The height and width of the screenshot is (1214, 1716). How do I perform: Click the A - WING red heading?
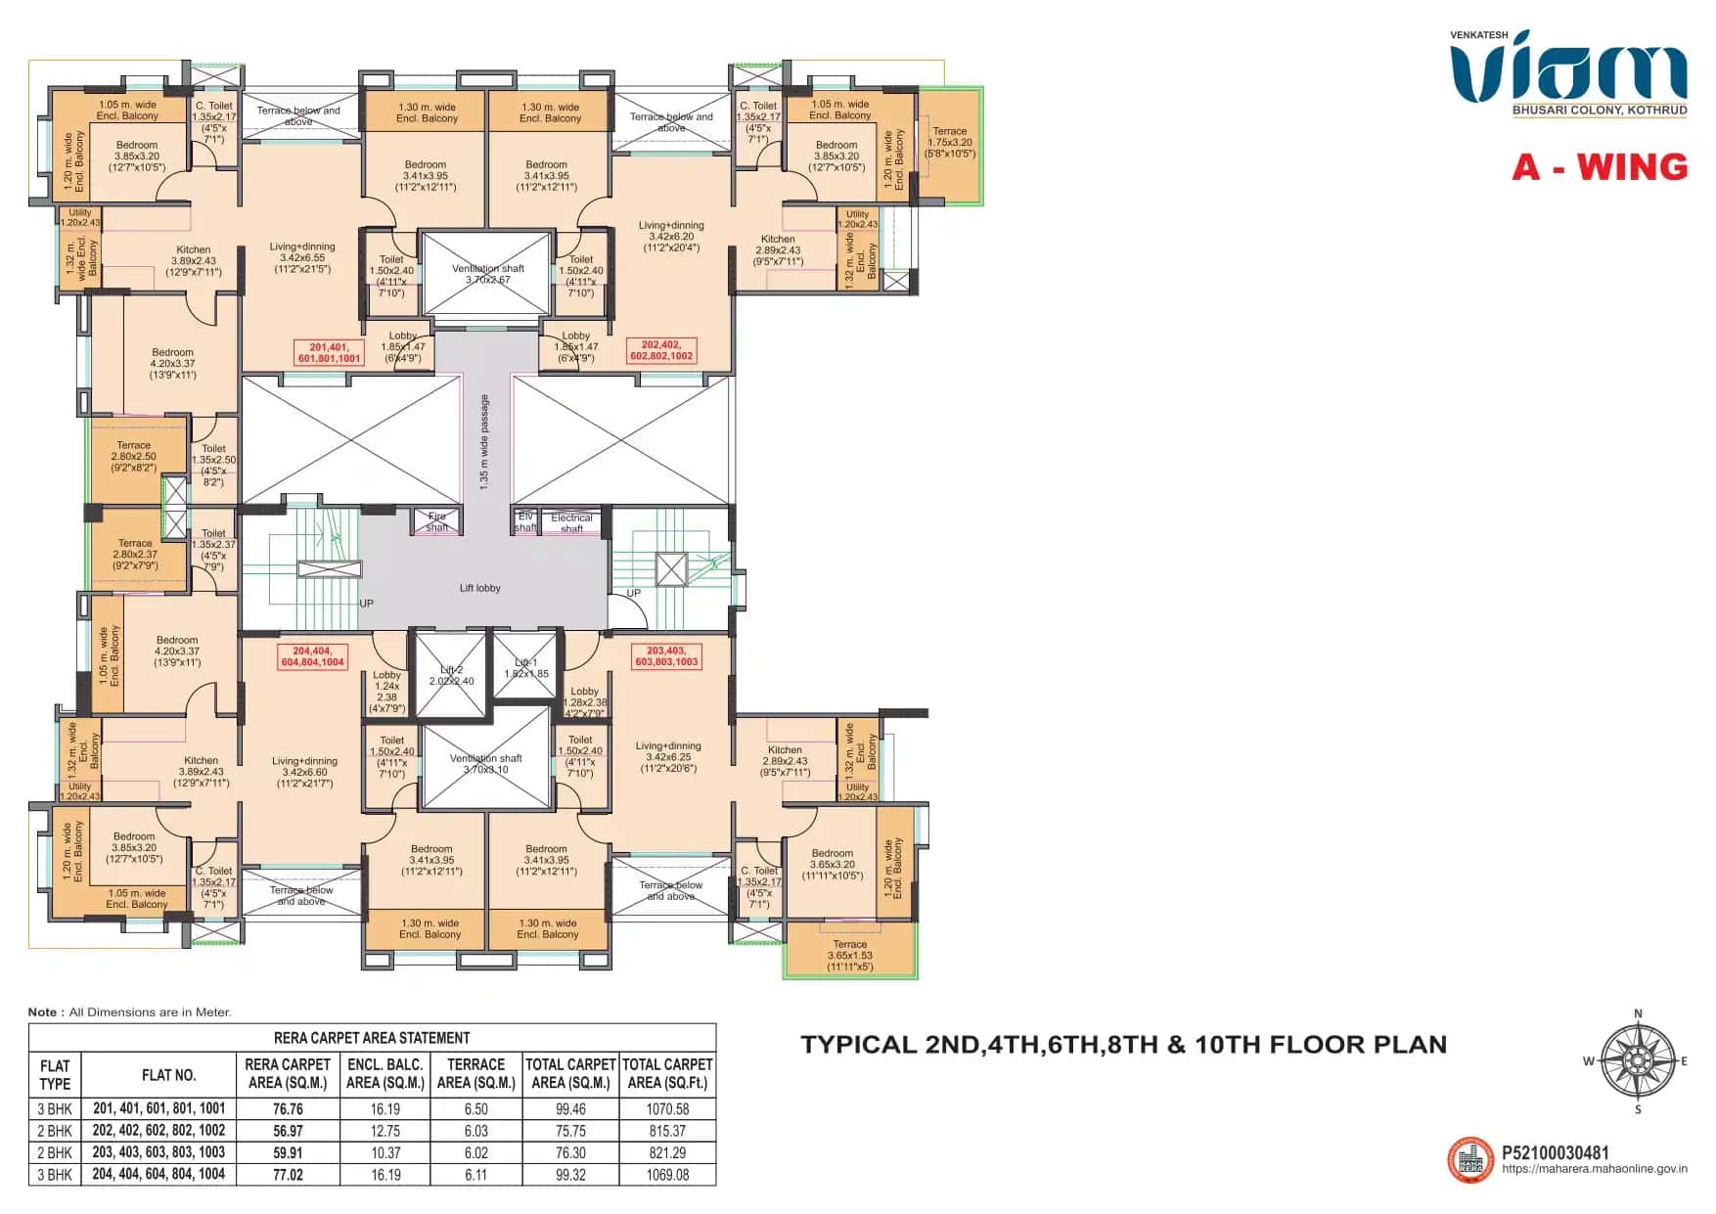tap(1600, 167)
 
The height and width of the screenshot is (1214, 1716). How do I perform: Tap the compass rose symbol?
tap(1638, 1061)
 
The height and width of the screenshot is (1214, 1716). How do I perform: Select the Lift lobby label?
tap(479, 588)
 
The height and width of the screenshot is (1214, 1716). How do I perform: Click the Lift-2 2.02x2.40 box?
tap(451, 676)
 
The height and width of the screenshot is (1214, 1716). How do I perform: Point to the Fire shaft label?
tap(436, 521)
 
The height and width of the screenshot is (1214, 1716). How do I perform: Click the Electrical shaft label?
tap(571, 522)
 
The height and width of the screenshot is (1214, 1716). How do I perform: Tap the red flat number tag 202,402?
tap(661, 350)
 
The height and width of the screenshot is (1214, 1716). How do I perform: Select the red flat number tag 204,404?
tap(312, 656)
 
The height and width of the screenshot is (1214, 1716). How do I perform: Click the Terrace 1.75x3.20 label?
tap(949, 142)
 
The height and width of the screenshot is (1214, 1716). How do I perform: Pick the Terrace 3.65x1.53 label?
tap(849, 956)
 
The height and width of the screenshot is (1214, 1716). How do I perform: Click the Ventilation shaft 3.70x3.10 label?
tap(486, 764)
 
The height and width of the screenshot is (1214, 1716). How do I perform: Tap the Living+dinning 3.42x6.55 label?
tap(302, 257)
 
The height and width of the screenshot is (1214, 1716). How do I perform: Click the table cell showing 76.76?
tap(288, 1109)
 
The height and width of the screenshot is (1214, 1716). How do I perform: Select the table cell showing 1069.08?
tap(667, 1175)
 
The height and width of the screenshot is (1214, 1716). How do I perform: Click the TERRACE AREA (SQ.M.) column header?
tap(475, 1073)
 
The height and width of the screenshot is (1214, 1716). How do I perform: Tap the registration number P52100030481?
tap(1555, 1152)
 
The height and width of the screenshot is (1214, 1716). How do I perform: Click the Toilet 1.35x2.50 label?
tap(213, 465)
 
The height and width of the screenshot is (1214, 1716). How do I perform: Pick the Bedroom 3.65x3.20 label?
tap(832, 864)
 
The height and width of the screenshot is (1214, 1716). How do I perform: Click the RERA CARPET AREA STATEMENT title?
tap(372, 1038)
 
